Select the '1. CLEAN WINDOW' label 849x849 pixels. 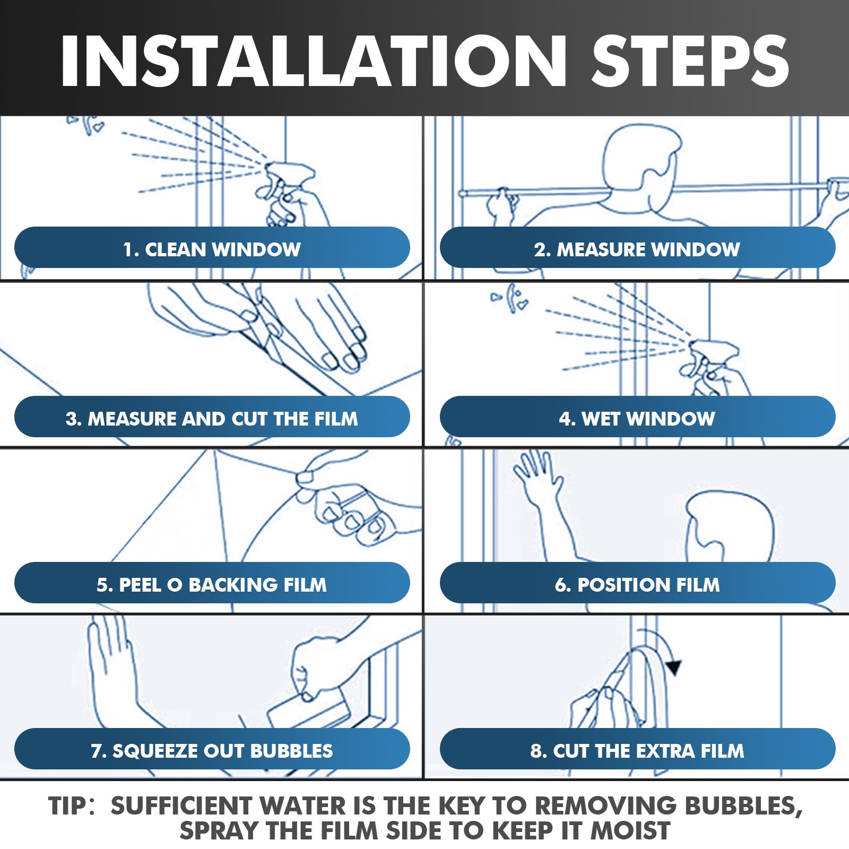coord(212,249)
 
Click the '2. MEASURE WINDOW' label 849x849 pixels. coord(637,249)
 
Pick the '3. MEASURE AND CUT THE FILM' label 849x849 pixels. coord(212,419)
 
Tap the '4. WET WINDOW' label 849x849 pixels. coord(637,419)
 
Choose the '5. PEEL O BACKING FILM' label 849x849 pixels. coord(212,585)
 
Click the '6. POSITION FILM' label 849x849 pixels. coord(637,585)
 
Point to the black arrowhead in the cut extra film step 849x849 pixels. coord(674,667)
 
